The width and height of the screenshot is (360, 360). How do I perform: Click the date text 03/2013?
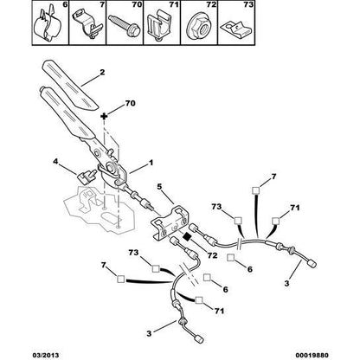click(x=24, y=353)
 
